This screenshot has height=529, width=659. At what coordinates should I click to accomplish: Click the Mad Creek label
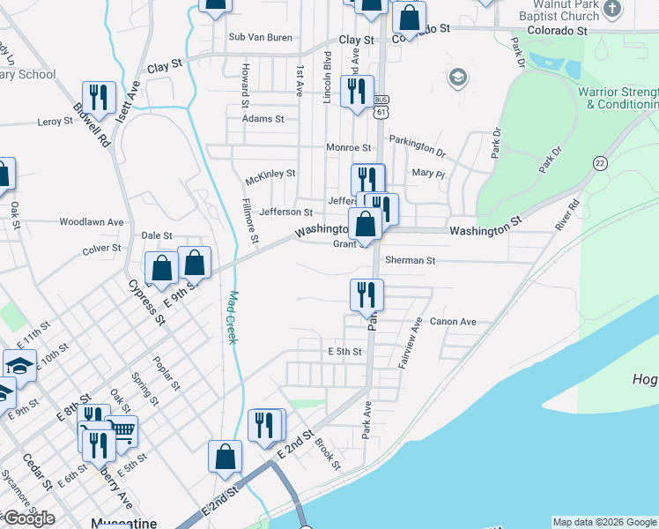pyautogui.click(x=233, y=317)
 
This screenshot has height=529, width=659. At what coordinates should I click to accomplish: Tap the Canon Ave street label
pyautogui.click(x=453, y=322)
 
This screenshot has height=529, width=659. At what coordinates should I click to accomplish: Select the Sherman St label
pyautogui.click(x=411, y=261)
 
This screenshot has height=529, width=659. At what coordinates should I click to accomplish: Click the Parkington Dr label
pyautogui.click(x=418, y=143)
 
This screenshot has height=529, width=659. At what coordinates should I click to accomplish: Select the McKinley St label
pyautogui.click(x=270, y=174)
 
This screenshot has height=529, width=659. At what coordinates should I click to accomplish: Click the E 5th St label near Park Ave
pyautogui.click(x=345, y=351)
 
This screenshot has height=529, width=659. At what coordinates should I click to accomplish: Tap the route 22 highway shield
pyautogui.click(x=600, y=163)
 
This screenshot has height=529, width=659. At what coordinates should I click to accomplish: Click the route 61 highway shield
pyautogui.click(x=381, y=113)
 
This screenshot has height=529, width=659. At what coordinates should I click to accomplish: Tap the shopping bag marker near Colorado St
pyautogui.click(x=409, y=17)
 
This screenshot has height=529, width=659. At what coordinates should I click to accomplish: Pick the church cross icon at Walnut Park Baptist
pyautogui.click(x=615, y=10)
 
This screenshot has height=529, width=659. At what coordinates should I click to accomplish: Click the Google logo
pyautogui.click(x=29, y=518)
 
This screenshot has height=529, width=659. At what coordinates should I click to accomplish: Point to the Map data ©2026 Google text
pyautogui.click(x=603, y=522)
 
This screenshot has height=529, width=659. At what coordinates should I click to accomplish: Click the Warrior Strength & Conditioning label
pyautogui.click(x=617, y=98)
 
